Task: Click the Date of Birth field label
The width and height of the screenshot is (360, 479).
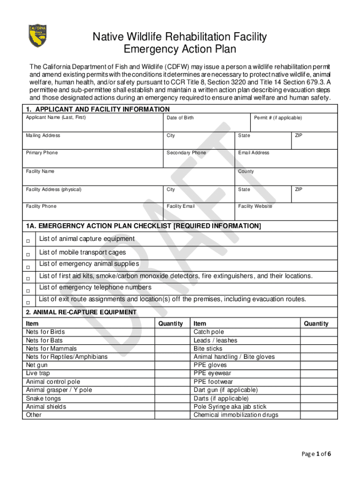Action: pyautogui.click(x=180, y=118)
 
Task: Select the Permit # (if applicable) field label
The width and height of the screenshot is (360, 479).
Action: pyautogui.click(x=278, y=118)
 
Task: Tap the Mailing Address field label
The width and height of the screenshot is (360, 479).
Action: pyautogui.click(x=43, y=136)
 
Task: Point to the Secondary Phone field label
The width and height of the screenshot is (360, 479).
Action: pyautogui.click(x=186, y=153)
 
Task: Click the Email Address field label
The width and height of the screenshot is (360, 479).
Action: pyautogui.click(x=254, y=153)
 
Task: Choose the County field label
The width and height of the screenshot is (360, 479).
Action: pyautogui.click(x=246, y=172)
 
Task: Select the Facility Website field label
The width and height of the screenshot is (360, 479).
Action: pyautogui.click(x=255, y=206)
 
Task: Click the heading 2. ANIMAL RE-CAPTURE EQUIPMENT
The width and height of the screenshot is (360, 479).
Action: pyautogui.click(x=81, y=312)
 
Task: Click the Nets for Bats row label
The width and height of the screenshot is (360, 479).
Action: pyautogui.click(x=44, y=341)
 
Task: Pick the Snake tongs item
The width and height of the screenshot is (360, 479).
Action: pyautogui.click(x=43, y=399)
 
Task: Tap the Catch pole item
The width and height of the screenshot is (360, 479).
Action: pyautogui.click(x=209, y=332)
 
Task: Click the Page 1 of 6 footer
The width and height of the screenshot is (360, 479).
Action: pyautogui.click(x=317, y=454)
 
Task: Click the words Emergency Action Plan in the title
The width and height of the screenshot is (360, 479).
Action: pyautogui.click(x=180, y=49)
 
